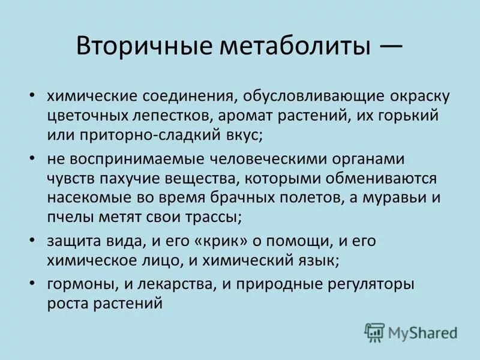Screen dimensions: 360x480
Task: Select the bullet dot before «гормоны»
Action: tap(32, 284)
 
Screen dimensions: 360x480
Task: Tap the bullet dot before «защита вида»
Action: tap(32, 241)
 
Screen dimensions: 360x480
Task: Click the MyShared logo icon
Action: tap(374, 332)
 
